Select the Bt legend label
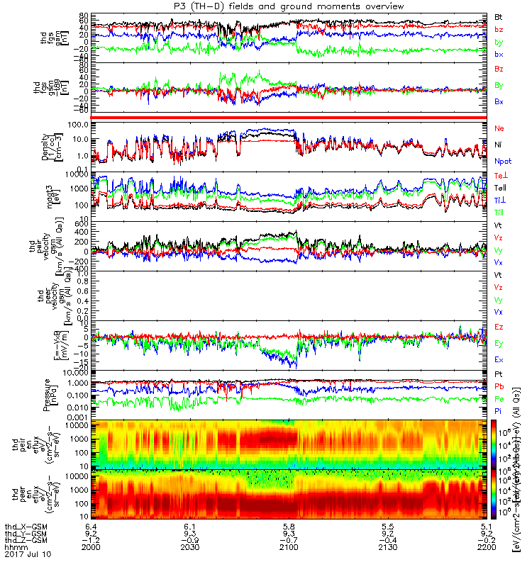click(x=499, y=16)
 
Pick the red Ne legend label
click(x=499, y=128)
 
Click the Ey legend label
click(x=499, y=344)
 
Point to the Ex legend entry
click(x=499, y=360)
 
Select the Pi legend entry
click(x=499, y=411)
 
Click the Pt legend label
click(x=499, y=374)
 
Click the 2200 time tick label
click(x=487, y=548)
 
